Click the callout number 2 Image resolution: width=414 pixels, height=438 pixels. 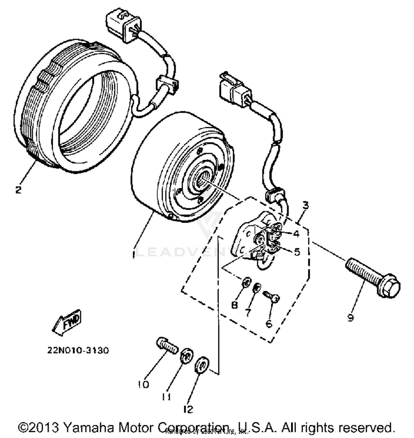coord(18,190)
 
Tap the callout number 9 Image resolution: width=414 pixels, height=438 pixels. coord(350,318)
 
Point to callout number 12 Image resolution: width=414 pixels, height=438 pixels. coord(188,409)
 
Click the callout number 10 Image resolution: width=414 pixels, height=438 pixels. coord(144,384)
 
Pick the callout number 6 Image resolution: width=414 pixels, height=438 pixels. coord(269,323)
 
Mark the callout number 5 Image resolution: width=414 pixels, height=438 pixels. coord(297,252)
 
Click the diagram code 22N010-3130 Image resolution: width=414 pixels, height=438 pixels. coord(78,351)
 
